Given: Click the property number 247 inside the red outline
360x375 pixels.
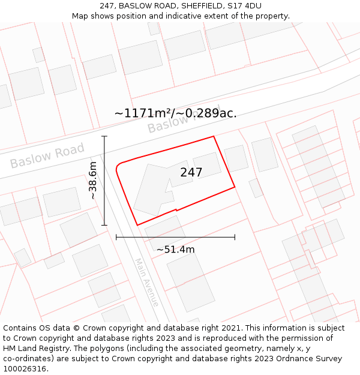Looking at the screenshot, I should [191, 172].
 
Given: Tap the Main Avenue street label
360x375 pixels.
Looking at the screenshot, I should [147, 283].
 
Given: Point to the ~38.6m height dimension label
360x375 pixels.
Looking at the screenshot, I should [93, 181].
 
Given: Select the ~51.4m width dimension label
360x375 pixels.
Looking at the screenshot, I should [175, 250].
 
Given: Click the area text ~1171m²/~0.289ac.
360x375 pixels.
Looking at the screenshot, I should [175, 113].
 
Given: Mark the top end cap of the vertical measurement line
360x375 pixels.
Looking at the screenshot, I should [104, 137].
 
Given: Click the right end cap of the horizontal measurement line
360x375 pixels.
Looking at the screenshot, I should [235, 238].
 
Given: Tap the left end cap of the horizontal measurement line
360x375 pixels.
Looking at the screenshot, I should [116, 238].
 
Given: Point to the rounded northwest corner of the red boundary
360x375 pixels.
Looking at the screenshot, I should [118, 164].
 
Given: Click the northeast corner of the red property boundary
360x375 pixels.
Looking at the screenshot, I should [214, 136].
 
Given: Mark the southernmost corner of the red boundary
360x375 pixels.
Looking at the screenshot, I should [137, 225].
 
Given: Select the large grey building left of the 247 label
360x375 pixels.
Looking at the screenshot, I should [152, 189].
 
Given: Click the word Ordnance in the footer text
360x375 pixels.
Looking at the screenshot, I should [304, 359].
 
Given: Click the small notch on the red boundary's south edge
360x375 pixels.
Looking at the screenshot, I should [175, 210].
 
